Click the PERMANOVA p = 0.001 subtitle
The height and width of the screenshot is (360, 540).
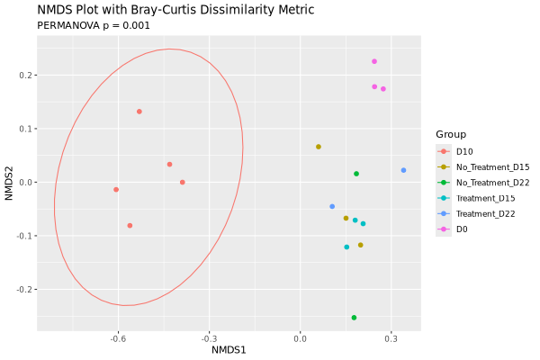94,25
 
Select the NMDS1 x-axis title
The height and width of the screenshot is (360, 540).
229,349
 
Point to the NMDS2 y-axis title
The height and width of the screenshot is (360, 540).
9,183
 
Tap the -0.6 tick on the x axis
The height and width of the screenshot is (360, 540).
117,338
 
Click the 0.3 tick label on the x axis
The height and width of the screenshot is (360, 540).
391,338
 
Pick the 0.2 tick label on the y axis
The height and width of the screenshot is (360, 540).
24,76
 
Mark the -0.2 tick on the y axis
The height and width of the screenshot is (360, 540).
22,290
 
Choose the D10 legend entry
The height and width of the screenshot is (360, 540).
464,151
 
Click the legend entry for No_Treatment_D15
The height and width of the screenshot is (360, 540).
492,166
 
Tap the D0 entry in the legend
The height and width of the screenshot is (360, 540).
462,229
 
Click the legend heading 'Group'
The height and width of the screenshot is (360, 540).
451,134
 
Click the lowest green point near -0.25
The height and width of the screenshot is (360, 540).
354,318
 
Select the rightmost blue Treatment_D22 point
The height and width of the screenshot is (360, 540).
403,170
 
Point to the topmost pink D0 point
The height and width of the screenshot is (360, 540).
374,61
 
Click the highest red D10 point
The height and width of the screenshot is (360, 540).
139,112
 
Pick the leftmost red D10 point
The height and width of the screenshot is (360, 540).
116,189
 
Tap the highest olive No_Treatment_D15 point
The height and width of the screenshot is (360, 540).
319,147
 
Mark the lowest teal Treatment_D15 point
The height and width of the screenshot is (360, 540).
346,247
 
